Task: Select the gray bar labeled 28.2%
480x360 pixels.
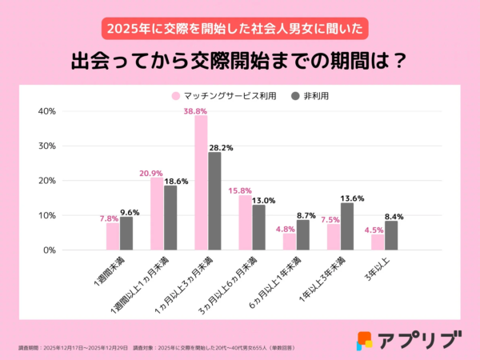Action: pos(214,201)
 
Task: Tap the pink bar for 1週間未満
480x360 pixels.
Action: pos(112,236)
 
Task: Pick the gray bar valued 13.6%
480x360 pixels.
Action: pos(347,226)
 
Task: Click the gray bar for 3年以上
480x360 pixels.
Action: pos(391,235)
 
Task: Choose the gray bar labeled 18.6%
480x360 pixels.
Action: pos(170,218)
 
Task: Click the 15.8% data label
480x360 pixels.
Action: pos(240,190)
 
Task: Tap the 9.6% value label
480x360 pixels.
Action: pos(130,211)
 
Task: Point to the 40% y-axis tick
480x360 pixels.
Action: pos(46,111)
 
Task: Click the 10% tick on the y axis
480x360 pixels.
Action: pos(46,215)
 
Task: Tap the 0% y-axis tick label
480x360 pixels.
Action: pos(48,250)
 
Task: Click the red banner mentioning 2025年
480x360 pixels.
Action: pos(239,26)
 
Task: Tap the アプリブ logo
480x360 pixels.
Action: pos(409,338)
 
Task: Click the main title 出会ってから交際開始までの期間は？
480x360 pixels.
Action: pos(239,62)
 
